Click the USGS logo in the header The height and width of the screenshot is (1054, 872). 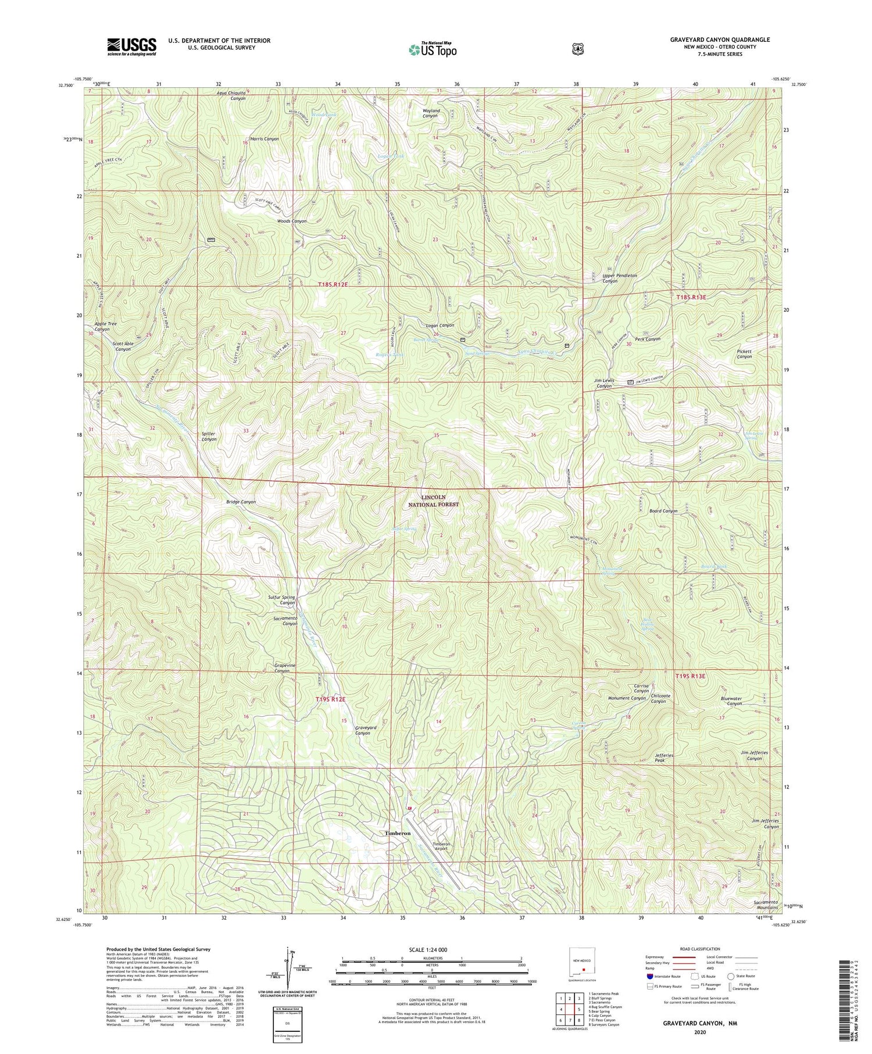pos(131,47)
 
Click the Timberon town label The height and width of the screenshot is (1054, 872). pos(398,833)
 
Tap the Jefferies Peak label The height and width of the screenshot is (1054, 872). pos(664,758)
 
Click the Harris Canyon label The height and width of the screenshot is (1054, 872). pos(265,139)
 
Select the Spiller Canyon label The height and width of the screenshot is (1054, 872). pos(209,436)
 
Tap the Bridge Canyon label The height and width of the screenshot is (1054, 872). pos(241,502)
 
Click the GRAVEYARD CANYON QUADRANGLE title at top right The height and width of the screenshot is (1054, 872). pos(719,40)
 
